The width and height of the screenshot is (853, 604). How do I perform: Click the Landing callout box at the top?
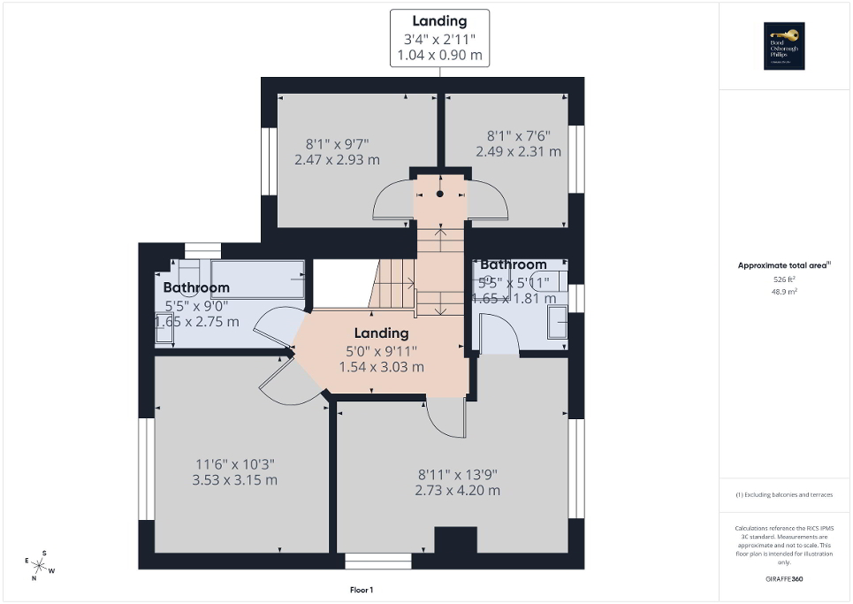click(439, 38)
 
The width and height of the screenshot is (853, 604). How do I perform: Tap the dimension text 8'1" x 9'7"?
click(337, 144)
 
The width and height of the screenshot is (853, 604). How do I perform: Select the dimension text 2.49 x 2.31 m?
click(518, 151)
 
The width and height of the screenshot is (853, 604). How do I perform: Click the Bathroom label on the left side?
click(196, 287)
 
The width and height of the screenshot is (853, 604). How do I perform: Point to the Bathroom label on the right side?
click(514, 264)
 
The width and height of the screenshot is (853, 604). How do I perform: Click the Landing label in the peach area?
click(382, 333)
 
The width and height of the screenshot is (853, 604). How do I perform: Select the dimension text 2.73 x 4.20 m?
click(457, 490)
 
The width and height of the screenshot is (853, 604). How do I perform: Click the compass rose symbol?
click(40, 565)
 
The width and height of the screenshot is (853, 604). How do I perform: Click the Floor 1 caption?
click(362, 590)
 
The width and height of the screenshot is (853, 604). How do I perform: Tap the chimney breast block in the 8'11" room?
click(455, 539)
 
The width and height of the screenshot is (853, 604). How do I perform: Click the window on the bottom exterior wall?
click(377, 561)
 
